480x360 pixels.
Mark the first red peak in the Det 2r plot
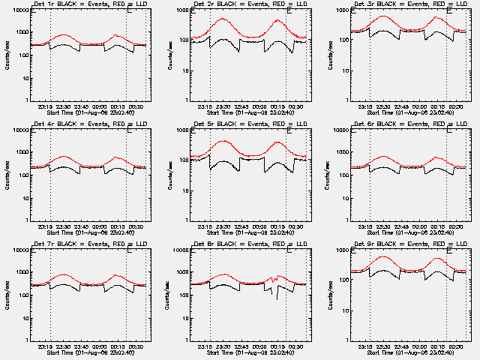click(x=223, y=19)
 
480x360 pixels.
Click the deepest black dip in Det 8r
click(x=276, y=298)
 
